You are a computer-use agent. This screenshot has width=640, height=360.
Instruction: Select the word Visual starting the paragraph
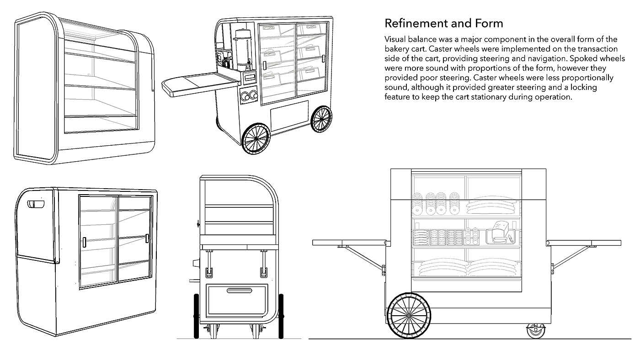pyautogui.click(x=395, y=39)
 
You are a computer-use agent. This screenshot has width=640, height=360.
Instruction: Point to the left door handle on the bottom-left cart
pyautogui.click(x=85, y=242)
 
